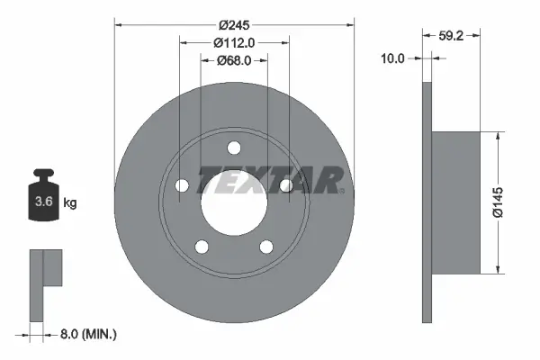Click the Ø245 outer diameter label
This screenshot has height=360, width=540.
click(234, 23)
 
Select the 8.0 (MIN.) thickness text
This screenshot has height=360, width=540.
click(87, 335)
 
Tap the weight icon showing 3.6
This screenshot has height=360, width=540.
click(43, 199)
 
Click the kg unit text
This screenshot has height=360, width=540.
click(70, 203)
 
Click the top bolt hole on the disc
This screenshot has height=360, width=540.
click(234, 148)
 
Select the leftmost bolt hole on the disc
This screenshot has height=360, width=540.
click(182, 185)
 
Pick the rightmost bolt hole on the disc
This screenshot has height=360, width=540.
click(286, 185)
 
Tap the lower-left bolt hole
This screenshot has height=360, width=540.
click(202, 247)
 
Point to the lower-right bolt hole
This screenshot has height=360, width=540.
click(266, 247)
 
